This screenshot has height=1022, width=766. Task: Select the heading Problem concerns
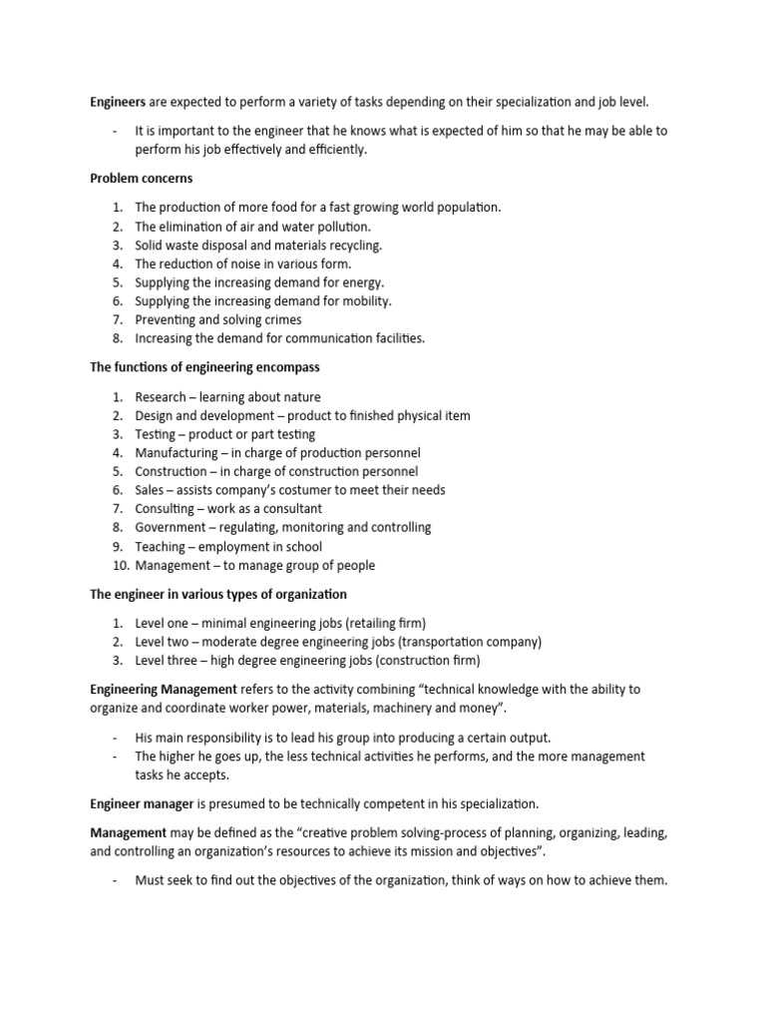coord(142,179)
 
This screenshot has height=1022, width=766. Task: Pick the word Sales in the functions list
coord(151,490)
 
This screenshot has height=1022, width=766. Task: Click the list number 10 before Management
coord(117,565)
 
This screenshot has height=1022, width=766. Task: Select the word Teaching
coord(161,547)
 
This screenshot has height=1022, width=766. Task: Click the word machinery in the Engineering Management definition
coord(374,708)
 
